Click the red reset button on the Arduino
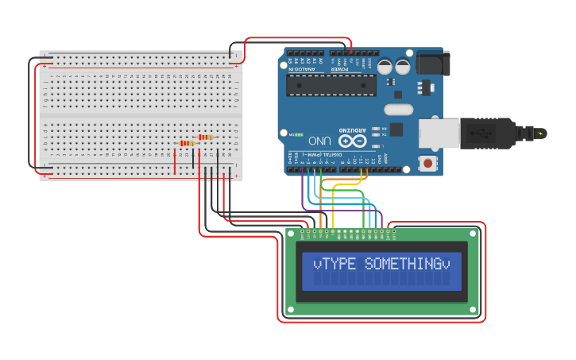click(428, 163)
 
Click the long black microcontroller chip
click(332, 85)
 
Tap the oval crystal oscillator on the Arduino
click(399, 110)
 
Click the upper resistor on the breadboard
click(205, 137)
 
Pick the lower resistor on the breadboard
click(187, 143)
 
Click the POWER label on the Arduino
click(340, 69)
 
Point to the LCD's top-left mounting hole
click(292, 234)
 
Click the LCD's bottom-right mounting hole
click(474, 311)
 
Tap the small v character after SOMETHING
click(446, 264)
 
